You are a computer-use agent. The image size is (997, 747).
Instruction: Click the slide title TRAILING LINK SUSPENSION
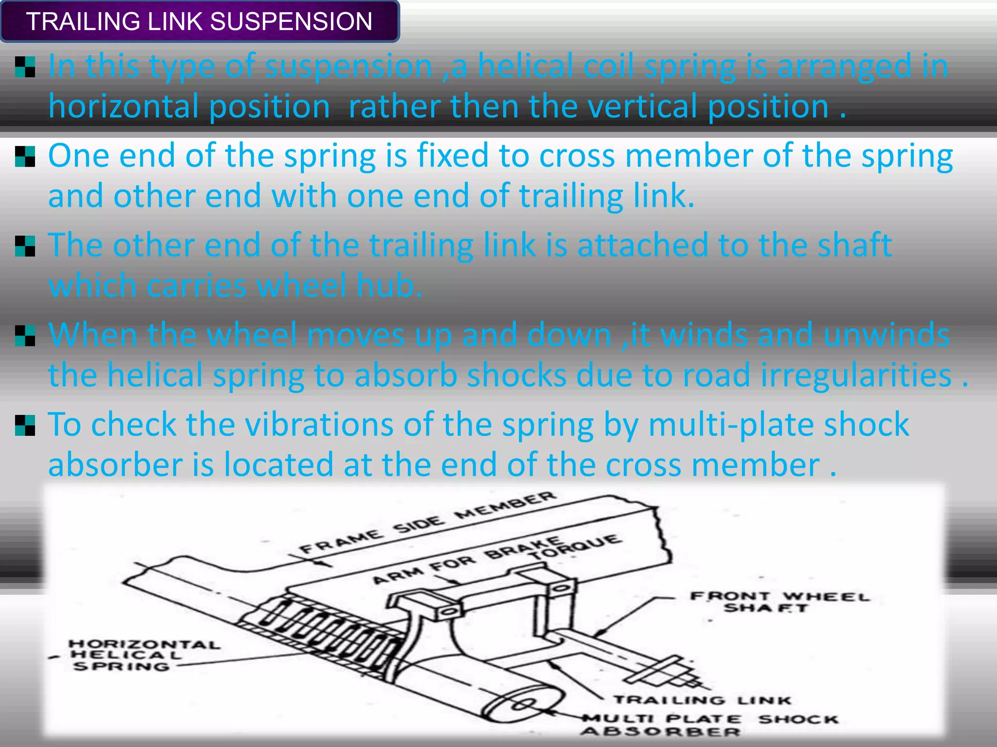click(x=199, y=22)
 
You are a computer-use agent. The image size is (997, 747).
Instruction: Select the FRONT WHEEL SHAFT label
click(x=779, y=602)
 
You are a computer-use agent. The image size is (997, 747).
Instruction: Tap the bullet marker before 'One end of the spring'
click(x=25, y=157)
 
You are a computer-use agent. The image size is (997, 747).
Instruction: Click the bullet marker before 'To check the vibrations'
click(x=25, y=426)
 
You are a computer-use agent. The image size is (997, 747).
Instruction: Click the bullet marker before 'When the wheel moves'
click(x=25, y=336)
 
